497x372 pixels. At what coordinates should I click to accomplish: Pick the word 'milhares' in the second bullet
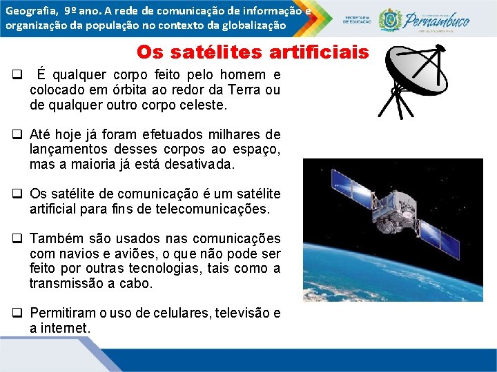pos(228,134)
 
